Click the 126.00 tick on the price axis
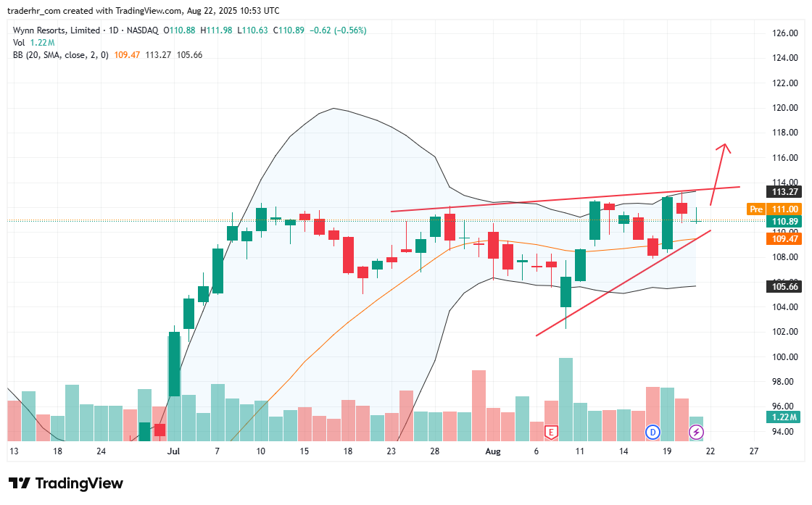pos(785,33)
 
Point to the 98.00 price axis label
pos(785,382)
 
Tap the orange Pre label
pos(755,209)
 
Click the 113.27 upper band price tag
pos(784,192)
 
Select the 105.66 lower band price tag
pos(784,286)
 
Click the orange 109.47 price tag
pos(784,238)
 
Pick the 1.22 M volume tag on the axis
pos(784,417)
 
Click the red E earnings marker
pos(551,433)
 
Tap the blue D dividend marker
pos(652,433)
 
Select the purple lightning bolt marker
pos(696,433)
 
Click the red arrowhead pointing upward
pos(723,148)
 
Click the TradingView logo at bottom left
pos(66,483)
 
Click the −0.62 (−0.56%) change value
pos(337,30)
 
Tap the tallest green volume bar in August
pos(566,398)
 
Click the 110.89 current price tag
pos(784,221)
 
